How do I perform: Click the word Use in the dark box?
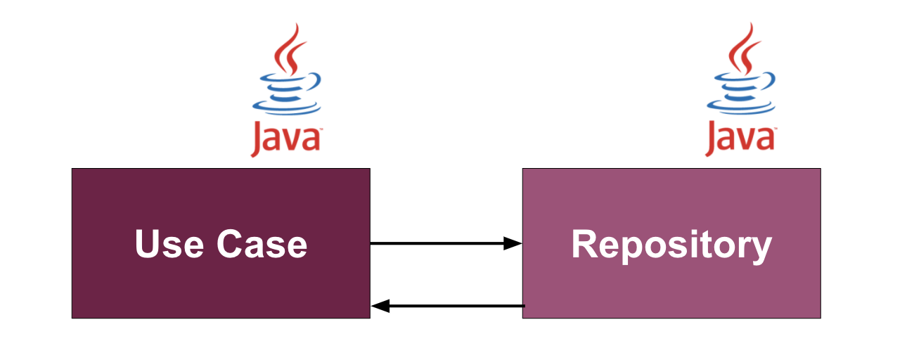point(169,244)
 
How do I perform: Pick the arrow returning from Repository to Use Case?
point(450,306)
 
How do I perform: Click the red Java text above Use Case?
point(286,139)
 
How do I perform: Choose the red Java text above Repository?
point(740,139)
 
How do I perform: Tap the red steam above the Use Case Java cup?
point(289,49)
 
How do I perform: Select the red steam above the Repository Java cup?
point(743,49)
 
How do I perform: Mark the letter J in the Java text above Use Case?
point(258,140)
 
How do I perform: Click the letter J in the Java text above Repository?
point(712,140)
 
